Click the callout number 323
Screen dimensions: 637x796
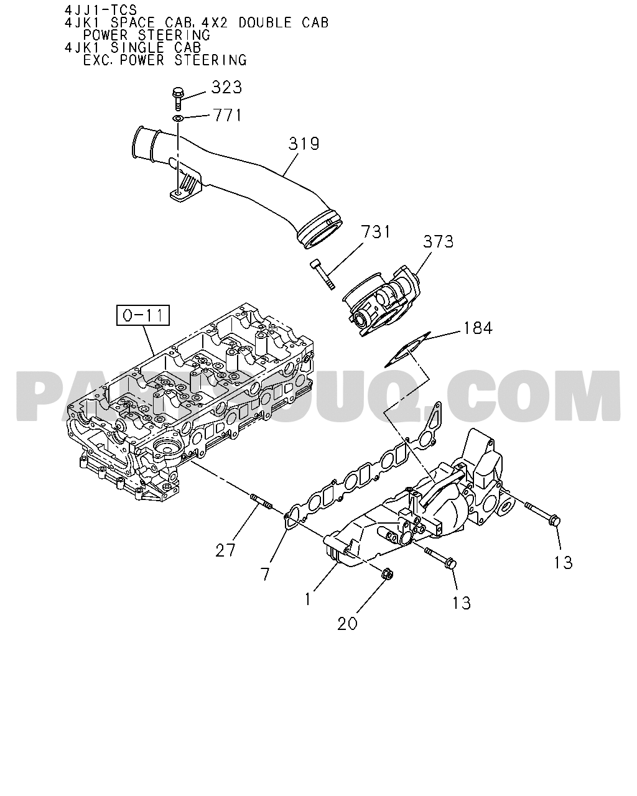[226, 88]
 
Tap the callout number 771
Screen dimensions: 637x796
[227, 115]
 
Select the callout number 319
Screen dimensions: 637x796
[304, 144]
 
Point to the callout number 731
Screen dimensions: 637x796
[375, 232]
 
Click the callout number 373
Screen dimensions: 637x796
[438, 241]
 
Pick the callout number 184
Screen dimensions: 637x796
[478, 328]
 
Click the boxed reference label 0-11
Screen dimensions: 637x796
[143, 315]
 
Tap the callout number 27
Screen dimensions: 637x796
[225, 550]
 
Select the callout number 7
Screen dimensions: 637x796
[264, 573]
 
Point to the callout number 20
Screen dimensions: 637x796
[347, 624]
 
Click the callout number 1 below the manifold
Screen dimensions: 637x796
[307, 599]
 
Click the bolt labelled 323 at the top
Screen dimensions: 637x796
[178, 98]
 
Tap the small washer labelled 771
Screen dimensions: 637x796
[178, 118]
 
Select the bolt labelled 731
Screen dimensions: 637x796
[322, 274]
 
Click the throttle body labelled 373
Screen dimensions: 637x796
[381, 300]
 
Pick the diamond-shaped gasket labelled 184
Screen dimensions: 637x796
[407, 349]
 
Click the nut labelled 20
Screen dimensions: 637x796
[387, 585]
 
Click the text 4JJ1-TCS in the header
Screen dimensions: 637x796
[101, 10]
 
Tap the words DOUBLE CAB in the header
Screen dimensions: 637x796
[284, 23]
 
